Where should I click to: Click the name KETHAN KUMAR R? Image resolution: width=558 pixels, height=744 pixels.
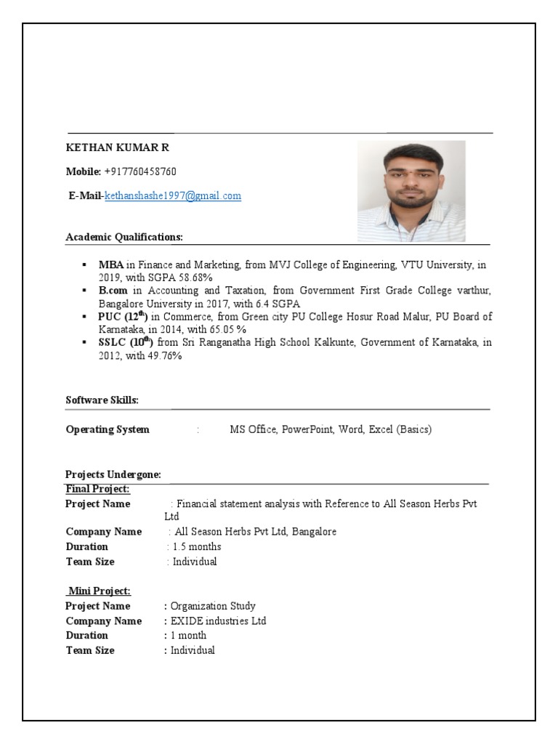(x=117, y=147)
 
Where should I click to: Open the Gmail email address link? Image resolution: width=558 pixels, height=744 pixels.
(x=173, y=196)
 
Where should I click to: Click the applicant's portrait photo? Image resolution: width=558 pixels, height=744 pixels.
(x=411, y=190)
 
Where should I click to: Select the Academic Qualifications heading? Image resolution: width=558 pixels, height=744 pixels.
(x=124, y=237)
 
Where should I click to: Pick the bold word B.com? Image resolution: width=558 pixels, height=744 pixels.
(x=113, y=291)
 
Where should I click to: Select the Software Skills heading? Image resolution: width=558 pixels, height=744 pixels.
(x=102, y=400)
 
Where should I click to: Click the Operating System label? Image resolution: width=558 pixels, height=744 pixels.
(x=108, y=429)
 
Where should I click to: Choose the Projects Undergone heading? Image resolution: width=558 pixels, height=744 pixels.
(x=113, y=474)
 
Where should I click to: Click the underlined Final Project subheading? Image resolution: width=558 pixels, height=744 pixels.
(x=97, y=488)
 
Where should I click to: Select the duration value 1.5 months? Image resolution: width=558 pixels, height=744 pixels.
(x=197, y=546)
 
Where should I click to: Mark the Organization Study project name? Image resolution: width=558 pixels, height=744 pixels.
(x=213, y=606)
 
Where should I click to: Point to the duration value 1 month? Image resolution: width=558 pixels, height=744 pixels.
(x=189, y=636)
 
